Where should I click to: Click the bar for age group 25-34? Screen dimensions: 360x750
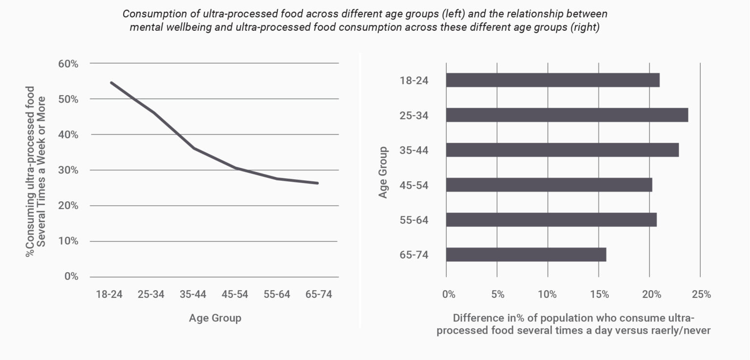(566, 115)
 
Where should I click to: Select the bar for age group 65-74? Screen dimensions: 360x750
(526, 254)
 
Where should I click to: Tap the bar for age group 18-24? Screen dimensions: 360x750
(552, 80)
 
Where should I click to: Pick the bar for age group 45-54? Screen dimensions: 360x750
(548, 185)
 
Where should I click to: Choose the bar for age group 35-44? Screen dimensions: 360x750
(562, 150)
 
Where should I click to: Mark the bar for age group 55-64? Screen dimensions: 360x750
(551, 220)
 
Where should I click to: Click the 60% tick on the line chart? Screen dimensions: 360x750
(68, 64)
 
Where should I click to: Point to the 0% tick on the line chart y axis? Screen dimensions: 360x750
(71, 276)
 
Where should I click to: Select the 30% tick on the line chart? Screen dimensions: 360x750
(68, 170)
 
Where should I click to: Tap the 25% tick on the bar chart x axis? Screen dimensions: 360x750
(701, 295)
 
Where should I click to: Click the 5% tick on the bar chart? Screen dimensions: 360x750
(497, 295)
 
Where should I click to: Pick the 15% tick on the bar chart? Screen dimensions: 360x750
(599, 295)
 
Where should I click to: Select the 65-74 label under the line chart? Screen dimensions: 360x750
(318, 295)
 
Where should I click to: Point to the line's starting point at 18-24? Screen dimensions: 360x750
(112, 83)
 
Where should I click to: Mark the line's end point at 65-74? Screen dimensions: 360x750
(317, 183)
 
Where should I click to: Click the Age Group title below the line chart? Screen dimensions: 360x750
(215, 318)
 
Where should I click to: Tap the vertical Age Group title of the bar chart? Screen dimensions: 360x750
(383, 172)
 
